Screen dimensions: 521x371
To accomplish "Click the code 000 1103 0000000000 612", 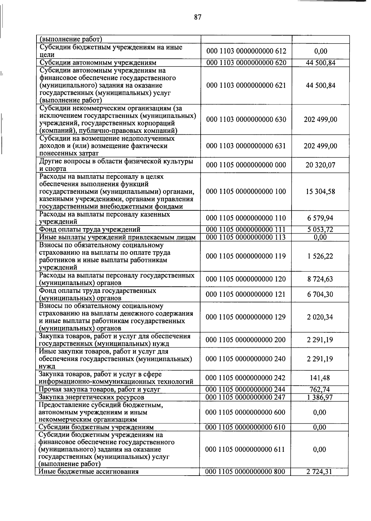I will pos(246,51).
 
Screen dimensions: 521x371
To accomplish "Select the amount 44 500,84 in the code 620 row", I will pos(320,63).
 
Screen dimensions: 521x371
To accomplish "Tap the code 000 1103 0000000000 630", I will pos(246,119).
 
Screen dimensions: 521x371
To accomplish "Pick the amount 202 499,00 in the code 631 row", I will pos(320,146).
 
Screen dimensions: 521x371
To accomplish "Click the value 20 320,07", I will pos(320,165).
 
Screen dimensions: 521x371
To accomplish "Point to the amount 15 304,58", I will pos(320,192).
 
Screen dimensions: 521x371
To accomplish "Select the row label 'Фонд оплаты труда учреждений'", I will pos(90,230).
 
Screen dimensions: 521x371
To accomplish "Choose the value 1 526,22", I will pos(320,256).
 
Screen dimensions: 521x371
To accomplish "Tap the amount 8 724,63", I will pos(320,279).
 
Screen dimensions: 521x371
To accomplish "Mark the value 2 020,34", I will pos(320,317).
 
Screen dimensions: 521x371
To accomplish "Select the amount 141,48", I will pos(320,378).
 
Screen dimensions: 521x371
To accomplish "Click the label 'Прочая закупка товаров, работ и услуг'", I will pos(100,390).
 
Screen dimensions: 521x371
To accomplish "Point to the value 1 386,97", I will pos(320,397).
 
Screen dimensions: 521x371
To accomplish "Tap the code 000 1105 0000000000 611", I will pos(245,449).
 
